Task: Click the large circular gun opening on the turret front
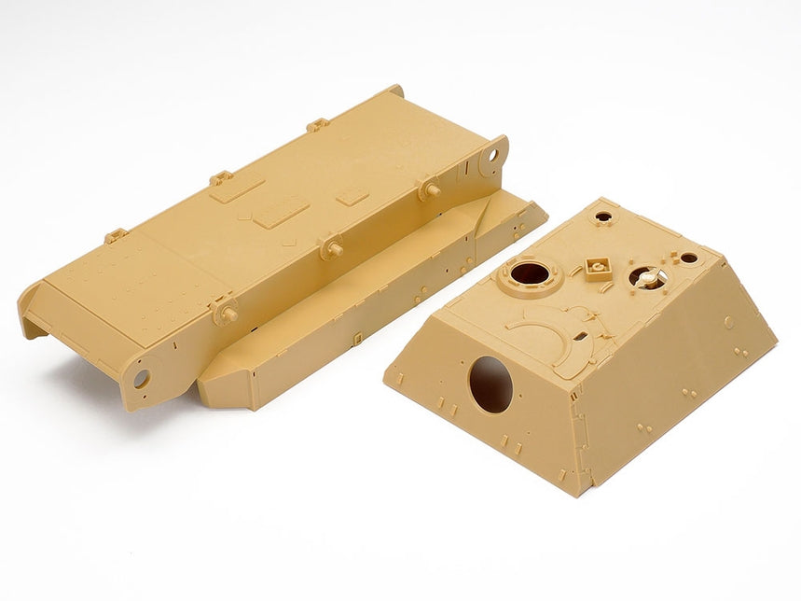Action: click(x=490, y=384)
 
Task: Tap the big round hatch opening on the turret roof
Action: click(x=530, y=273)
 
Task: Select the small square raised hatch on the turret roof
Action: click(x=598, y=269)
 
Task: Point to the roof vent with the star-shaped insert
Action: click(x=643, y=276)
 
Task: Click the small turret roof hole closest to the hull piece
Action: click(x=603, y=217)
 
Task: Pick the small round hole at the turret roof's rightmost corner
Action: click(x=688, y=258)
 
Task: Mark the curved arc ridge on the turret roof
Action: click(x=550, y=337)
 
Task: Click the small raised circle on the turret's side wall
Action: click(x=728, y=322)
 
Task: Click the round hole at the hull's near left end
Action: click(x=141, y=378)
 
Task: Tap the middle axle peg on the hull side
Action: click(x=330, y=248)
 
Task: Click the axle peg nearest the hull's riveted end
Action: click(x=225, y=310)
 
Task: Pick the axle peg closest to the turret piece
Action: click(x=429, y=189)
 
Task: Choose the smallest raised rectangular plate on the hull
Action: click(x=352, y=197)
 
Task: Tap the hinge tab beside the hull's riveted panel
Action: click(x=116, y=236)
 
